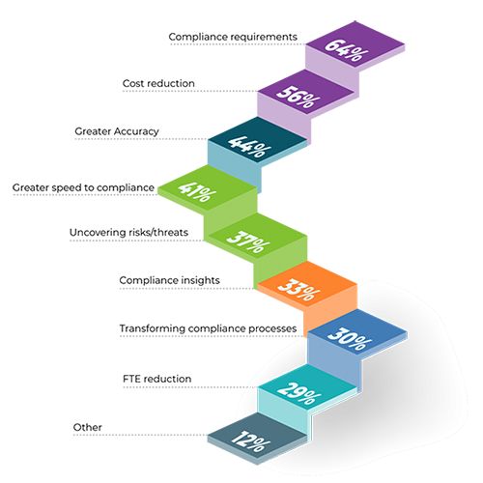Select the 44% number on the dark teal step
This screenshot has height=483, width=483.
[x=249, y=147]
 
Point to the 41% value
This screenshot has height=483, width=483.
[x=197, y=192]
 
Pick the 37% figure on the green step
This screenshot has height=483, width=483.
[x=248, y=241]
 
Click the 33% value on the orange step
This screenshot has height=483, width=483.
[x=299, y=289]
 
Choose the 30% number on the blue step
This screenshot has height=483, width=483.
[x=350, y=339]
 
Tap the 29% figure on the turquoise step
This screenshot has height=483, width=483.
[x=299, y=393]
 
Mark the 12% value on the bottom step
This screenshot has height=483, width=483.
[x=250, y=440]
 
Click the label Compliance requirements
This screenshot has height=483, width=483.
[x=233, y=37]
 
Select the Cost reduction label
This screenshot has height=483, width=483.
[x=158, y=83]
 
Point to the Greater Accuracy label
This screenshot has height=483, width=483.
[x=117, y=131]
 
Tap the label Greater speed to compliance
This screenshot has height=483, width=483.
[x=83, y=187]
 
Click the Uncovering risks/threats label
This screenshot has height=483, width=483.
[x=128, y=233]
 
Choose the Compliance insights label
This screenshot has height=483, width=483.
[x=169, y=280]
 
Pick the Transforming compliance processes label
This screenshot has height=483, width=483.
[x=208, y=328]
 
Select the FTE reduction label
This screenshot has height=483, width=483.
[x=157, y=379]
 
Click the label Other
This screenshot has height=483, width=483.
[x=88, y=427]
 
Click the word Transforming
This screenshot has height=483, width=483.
[x=153, y=328]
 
